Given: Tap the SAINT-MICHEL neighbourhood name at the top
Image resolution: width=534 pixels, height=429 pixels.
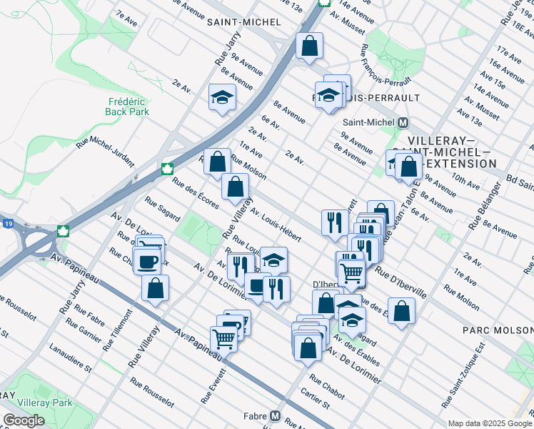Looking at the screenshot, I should pyautogui.click(x=243, y=22).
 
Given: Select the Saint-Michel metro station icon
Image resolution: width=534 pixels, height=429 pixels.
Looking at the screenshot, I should pyautogui.click(x=402, y=122).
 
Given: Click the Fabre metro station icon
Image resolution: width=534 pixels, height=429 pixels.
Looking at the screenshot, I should pyautogui.click(x=275, y=415).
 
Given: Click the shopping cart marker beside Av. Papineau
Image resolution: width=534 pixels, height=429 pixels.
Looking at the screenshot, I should pyautogui.click(x=223, y=339).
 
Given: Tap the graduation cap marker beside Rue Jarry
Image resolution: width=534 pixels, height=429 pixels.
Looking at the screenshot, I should pyautogui.click(x=222, y=97).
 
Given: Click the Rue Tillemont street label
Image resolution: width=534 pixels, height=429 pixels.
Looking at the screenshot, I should pyautogui.click(x=117, y=330).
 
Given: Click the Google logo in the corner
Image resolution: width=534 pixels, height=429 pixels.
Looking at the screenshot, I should pyautogui.click(x=24, y=420).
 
